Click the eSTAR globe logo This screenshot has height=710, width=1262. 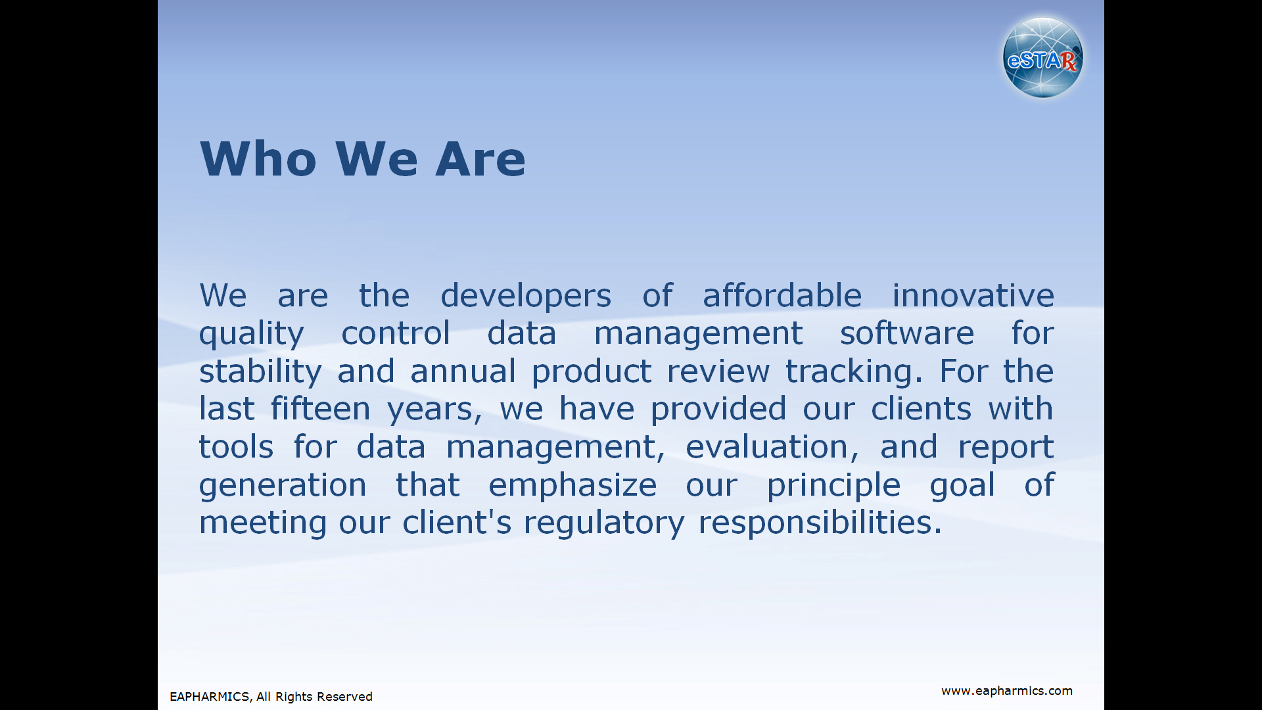(1043, 58)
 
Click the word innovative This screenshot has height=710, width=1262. (973, 295)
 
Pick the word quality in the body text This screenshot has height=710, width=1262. (252, 335)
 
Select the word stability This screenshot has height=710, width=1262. (260, 373)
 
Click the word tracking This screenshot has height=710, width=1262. (854, 373)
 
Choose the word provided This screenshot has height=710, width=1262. (718, 410)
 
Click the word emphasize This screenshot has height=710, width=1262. (573, 486)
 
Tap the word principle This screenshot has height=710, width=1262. (833, 486)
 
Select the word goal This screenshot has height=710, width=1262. (962, 486)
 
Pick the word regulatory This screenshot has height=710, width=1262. (604, 524)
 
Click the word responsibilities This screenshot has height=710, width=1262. (820, 524)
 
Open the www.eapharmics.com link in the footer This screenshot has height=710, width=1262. (1007, 691)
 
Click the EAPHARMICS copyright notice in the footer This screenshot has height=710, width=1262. (271, 697)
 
